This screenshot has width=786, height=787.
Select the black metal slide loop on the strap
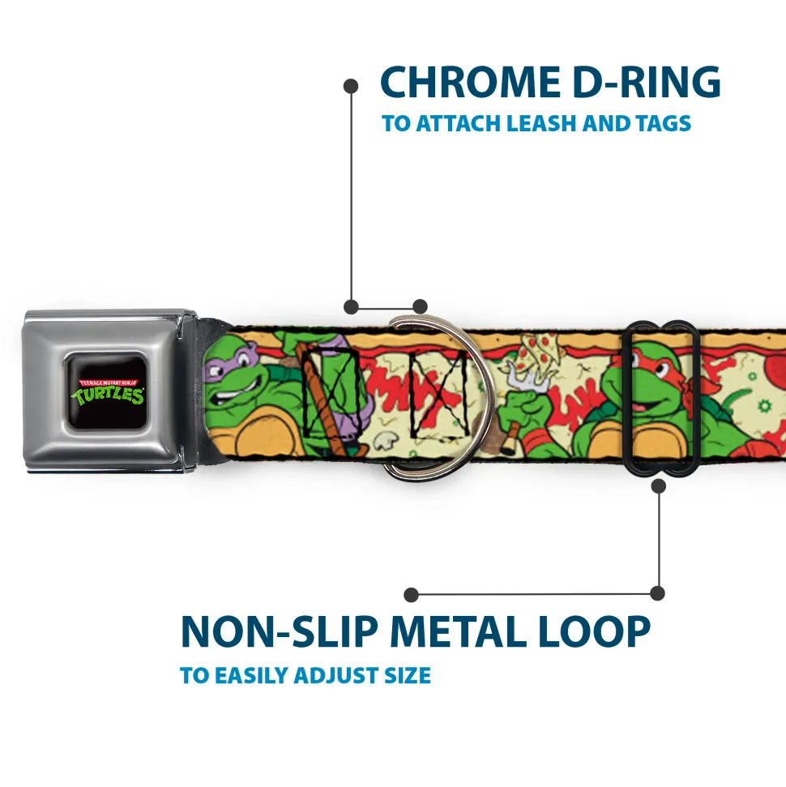click(663, 397)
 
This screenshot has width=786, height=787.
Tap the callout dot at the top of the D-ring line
click(351, 85)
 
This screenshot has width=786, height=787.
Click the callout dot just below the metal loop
click(658, 486)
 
